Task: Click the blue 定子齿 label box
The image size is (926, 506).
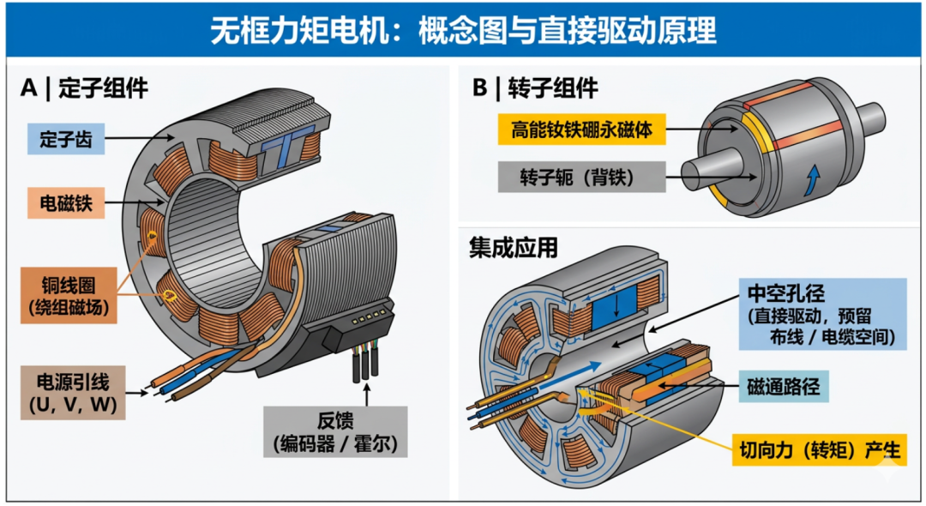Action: click(66, 139)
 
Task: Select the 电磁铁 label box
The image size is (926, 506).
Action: click(66, 203)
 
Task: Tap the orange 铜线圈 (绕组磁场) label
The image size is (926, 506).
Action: click(69, 296)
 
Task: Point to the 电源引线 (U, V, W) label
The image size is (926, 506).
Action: click(73, 393)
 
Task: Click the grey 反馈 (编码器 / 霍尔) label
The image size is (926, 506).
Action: click(335, 431)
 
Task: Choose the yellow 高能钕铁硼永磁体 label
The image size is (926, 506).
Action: click(581, 130)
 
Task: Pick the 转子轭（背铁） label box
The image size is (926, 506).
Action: click(581, 178)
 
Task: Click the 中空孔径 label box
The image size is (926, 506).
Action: click(822, 315)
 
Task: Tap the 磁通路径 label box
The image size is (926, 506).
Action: click(784, 387)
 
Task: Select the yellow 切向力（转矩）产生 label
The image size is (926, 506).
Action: click(820, 450)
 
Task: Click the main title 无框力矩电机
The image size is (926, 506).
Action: click(300, 30)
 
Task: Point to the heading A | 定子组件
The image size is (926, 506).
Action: click(84, 88)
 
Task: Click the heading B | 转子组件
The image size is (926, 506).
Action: click(535, 88)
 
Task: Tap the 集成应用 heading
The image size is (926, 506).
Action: click(514, 247)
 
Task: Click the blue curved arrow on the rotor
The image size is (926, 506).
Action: click(813, 179)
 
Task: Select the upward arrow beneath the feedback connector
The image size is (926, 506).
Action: click(367, 395)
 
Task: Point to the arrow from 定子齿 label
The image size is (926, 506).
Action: click(141, 139)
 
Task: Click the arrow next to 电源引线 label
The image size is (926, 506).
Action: click(137, 393)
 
